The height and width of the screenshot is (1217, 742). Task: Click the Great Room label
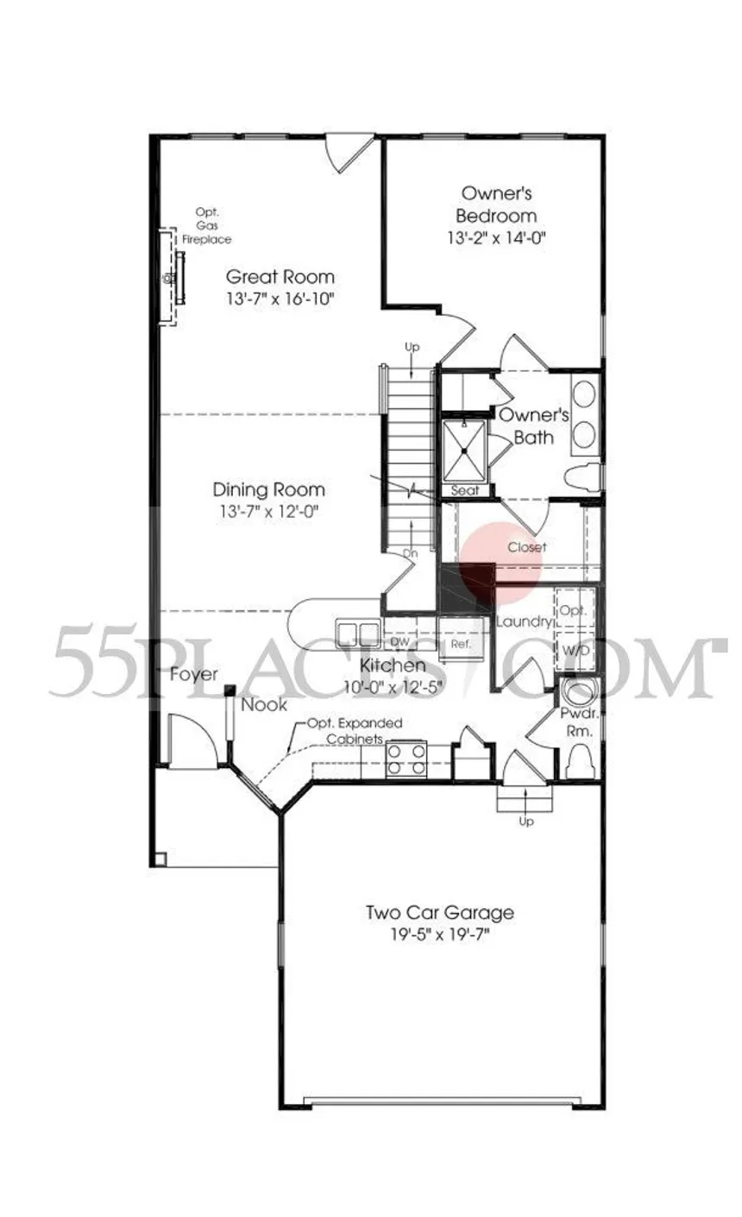point(280,277)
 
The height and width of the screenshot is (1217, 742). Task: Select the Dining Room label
point(268,489)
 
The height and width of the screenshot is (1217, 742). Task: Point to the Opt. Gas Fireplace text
point(206,225)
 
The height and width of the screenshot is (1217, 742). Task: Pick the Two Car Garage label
point(439,912)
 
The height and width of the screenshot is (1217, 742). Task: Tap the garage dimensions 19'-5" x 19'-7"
point(439,934)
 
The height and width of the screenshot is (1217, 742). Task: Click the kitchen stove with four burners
point(406,759)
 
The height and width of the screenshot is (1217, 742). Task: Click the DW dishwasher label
point(399,641)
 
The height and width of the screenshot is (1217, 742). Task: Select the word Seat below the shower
point(466,489)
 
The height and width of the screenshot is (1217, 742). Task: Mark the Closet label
point(526,546)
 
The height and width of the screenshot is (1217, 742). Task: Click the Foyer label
point(193,674)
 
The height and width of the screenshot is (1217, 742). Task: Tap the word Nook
point(264,704)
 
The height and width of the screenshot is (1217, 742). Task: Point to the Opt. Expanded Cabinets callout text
point(355,731)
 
